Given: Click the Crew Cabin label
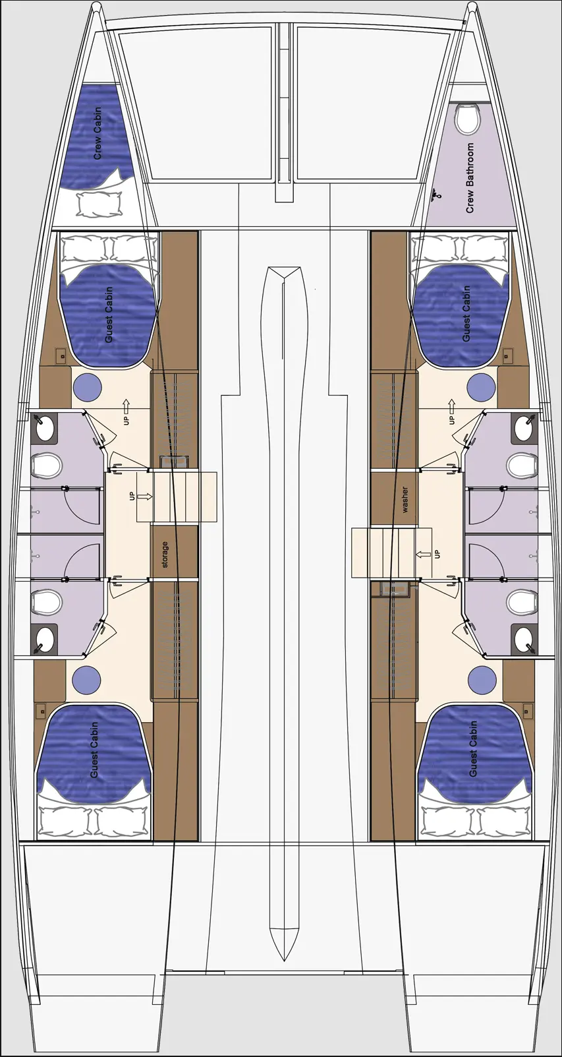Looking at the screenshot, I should pos(98,133).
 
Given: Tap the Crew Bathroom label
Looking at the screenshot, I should pos(470,178).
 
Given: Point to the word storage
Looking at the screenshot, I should pos(165,555).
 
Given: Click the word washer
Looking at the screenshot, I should pos(405,500).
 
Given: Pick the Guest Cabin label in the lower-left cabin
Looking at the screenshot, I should pos(94,749).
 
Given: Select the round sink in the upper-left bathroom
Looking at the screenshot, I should pos(45,429).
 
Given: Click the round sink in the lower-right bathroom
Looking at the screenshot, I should pos(524,636).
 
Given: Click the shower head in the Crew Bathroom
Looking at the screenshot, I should pos(435,195).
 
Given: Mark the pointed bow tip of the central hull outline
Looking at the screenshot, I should pos(284,269).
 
